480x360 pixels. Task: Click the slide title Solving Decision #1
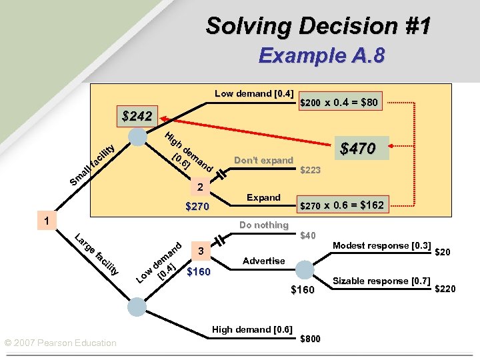pos(318,26)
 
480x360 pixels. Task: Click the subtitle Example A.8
pos(321,55)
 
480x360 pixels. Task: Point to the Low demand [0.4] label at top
pos(254,93)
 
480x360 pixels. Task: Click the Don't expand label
pos(264,160)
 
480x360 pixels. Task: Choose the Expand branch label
pos(263,197)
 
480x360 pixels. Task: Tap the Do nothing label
pos(264,225)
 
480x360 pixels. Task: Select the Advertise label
pos(264,261)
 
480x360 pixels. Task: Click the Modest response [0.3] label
pos(381,245)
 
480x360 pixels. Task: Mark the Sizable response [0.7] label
pos(381,281)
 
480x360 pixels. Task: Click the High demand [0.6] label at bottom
pos(251,329)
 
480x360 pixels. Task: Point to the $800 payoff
pos(310,339)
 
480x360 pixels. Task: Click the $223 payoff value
pos(311,171)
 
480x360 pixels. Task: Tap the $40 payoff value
pos(308,235)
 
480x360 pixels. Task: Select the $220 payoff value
pos(446,289)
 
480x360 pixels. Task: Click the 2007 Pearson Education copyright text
pos(60,343)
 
